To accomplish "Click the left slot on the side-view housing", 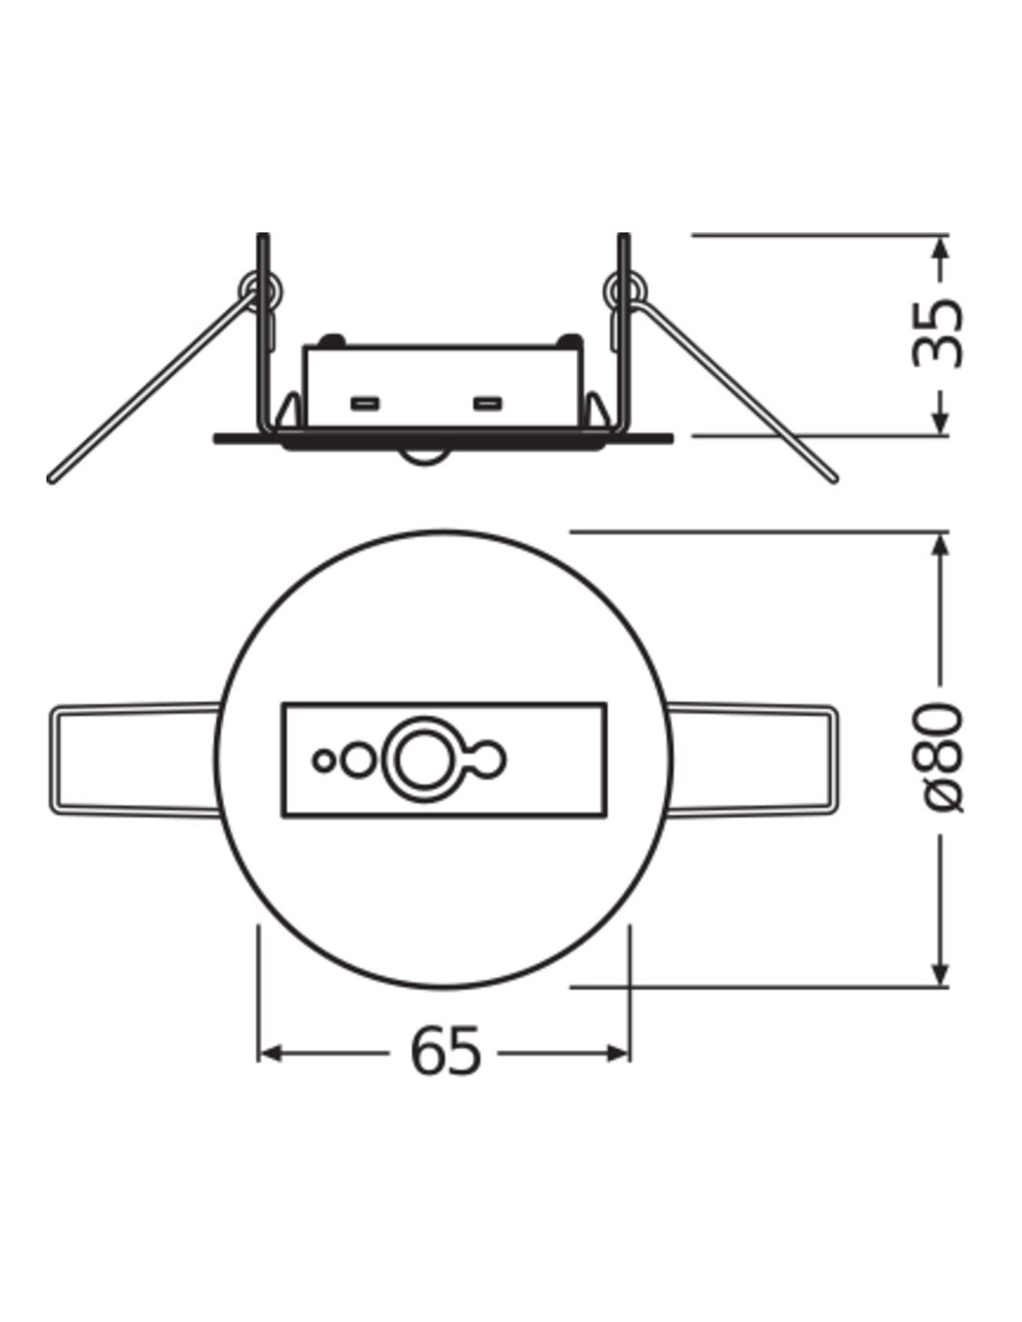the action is [x=365, y=403].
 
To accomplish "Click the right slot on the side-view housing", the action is [x=488, y=403].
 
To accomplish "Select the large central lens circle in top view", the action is [x=425, y=759].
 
